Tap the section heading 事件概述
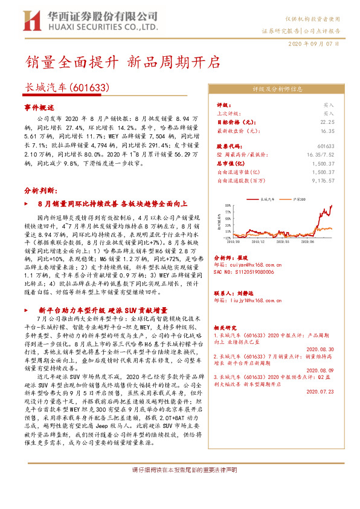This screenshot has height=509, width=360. click(x=39, y=106)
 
